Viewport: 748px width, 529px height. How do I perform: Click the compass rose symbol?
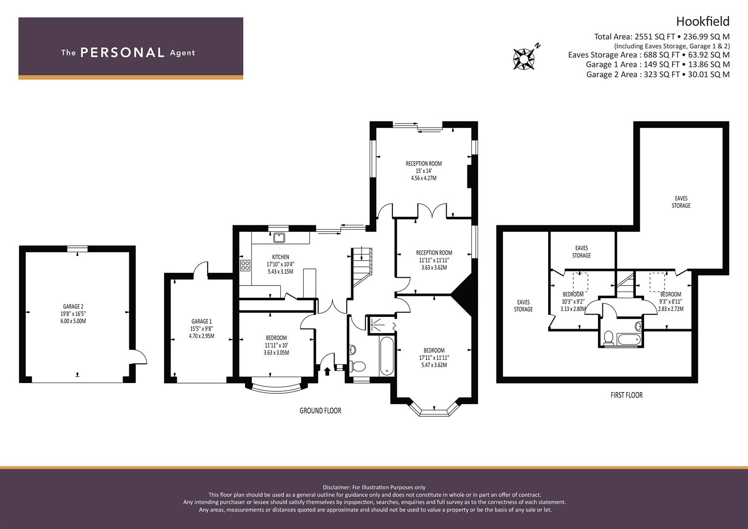(524, 59)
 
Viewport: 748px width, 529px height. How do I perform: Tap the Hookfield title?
(702, 22)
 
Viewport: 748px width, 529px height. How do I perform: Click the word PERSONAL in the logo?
(122, 52)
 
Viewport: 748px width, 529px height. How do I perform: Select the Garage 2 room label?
(73, 313)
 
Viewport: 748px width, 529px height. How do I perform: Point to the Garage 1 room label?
(201, 329)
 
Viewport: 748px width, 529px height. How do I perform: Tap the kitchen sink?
(279, 238)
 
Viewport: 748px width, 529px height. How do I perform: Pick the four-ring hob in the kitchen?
(245, 265)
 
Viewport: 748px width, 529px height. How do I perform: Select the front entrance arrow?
(327, 371)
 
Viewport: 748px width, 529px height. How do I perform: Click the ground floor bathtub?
(386, 356)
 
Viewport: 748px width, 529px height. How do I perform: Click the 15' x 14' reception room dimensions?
(423, 170)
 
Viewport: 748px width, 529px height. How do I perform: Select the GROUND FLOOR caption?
(320, 411)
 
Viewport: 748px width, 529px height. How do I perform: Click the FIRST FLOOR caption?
(627, 395)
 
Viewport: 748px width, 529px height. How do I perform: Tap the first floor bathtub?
(629, 339)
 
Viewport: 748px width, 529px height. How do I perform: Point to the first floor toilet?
(608, 337)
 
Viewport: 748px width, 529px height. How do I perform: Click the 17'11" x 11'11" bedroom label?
(434, 358)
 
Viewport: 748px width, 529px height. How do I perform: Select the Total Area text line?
(661, 37)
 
